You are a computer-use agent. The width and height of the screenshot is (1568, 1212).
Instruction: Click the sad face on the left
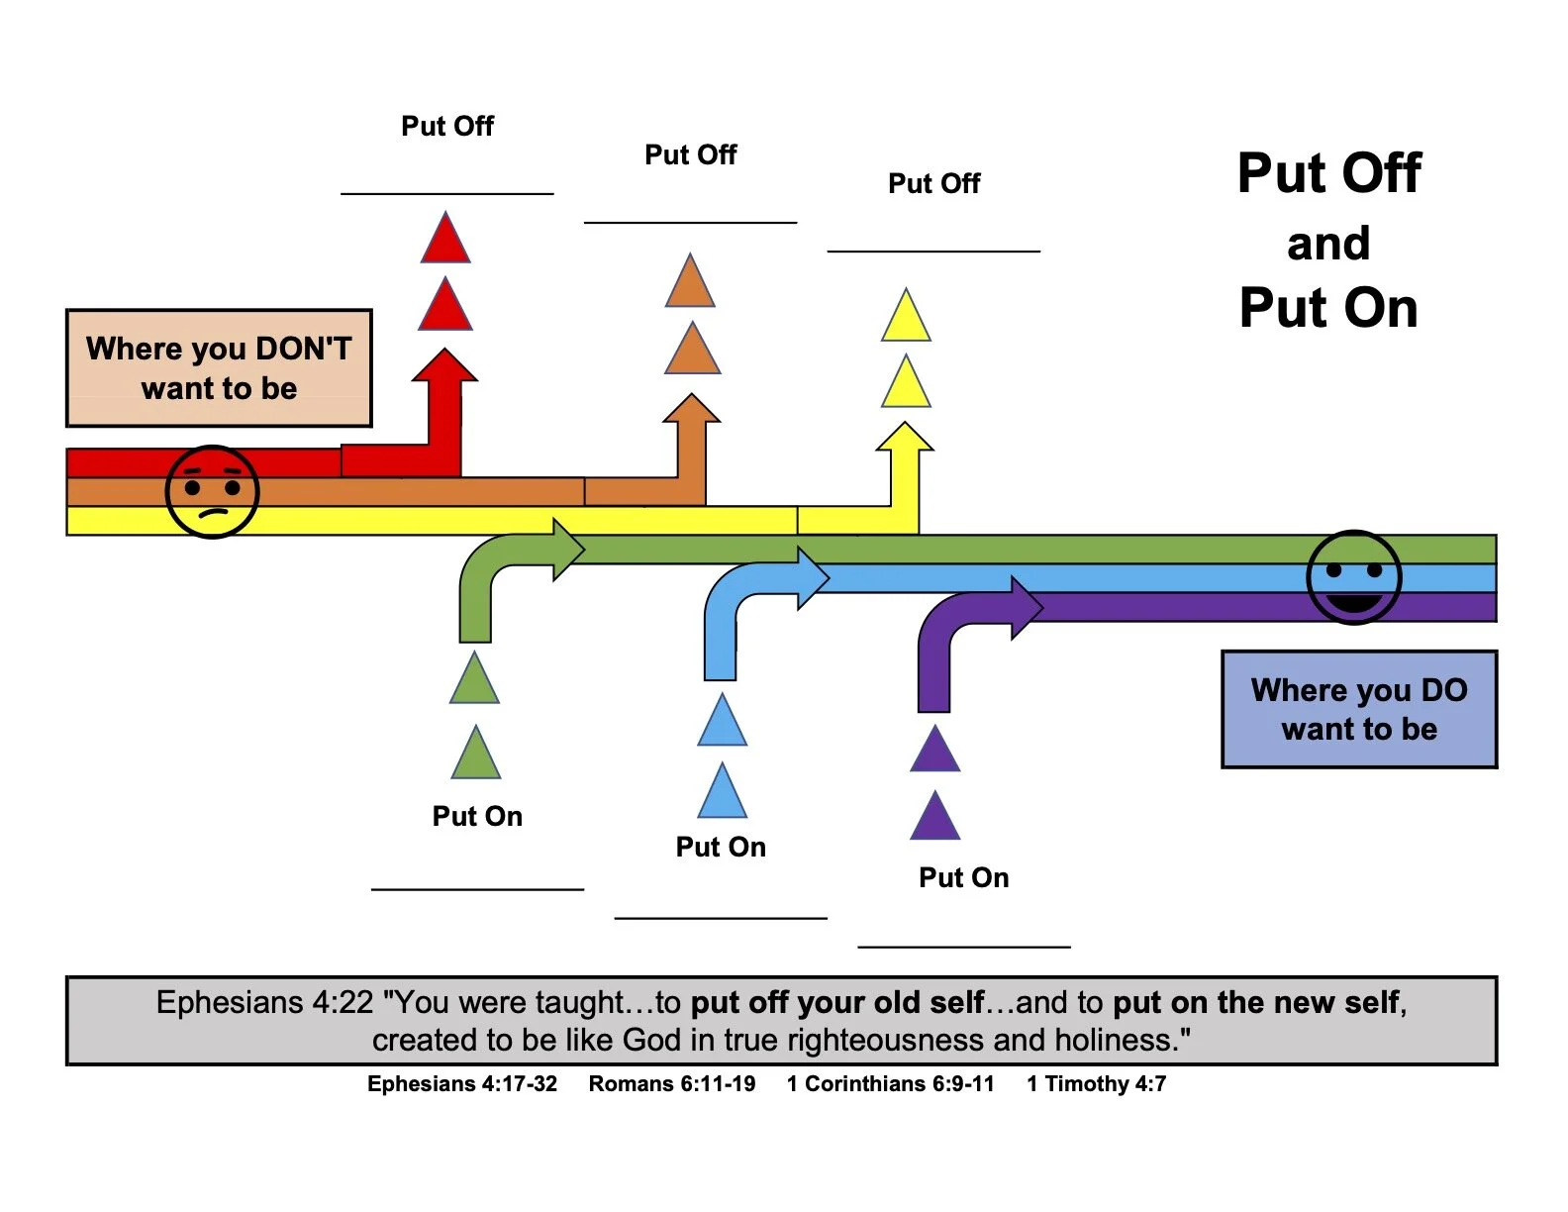(212, 492)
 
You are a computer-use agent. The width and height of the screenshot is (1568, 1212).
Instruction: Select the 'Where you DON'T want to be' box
(219, 368)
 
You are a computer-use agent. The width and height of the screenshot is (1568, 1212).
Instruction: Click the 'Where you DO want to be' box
(1359, 709)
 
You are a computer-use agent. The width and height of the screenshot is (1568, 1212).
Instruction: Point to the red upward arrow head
(445, 365)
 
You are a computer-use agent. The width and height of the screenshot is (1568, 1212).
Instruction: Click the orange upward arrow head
(691, 408)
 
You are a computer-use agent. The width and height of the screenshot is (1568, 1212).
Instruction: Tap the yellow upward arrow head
(905, 437)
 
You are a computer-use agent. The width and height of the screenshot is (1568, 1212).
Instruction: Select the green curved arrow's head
(569, 549)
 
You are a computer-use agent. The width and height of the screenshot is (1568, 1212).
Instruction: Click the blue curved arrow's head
(813, 577)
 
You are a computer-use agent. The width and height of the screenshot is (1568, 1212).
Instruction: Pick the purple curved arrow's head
(1027, 606)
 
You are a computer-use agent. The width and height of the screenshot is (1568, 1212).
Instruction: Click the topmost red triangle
(445, 240)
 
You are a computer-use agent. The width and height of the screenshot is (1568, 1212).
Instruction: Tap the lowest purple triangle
(934, 818)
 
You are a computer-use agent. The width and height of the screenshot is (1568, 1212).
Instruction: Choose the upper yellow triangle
(906, 317)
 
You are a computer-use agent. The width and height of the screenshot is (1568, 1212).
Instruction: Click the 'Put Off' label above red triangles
(447, 126)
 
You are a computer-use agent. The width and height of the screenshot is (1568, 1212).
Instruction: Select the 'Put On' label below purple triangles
(963, 877)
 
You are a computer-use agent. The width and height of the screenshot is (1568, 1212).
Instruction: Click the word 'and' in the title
(1328, 244)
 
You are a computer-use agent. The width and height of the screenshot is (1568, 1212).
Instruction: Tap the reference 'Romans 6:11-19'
(671, 1083)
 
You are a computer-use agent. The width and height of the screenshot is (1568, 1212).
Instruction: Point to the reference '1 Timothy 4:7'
(1096, 1083)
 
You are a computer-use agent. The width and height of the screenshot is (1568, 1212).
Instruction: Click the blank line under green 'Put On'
(477, 888)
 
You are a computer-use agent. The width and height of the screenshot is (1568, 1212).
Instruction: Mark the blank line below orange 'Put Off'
(690, 222)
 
